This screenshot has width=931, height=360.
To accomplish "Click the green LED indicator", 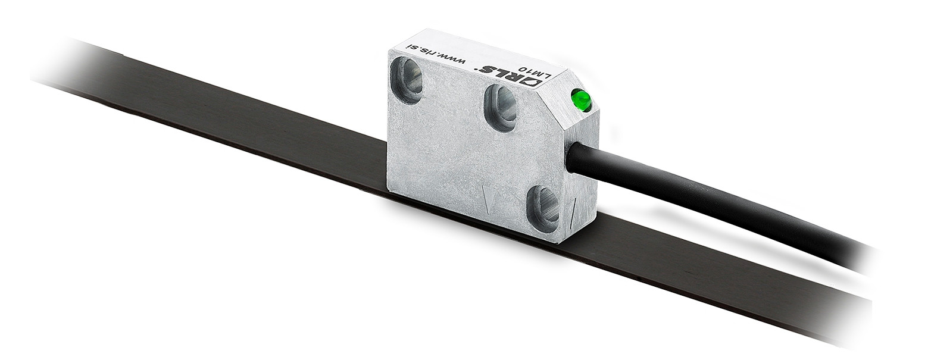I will click(580, 100).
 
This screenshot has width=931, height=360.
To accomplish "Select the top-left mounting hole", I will click(406, 79).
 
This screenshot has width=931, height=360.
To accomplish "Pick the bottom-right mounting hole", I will click(543, 208).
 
